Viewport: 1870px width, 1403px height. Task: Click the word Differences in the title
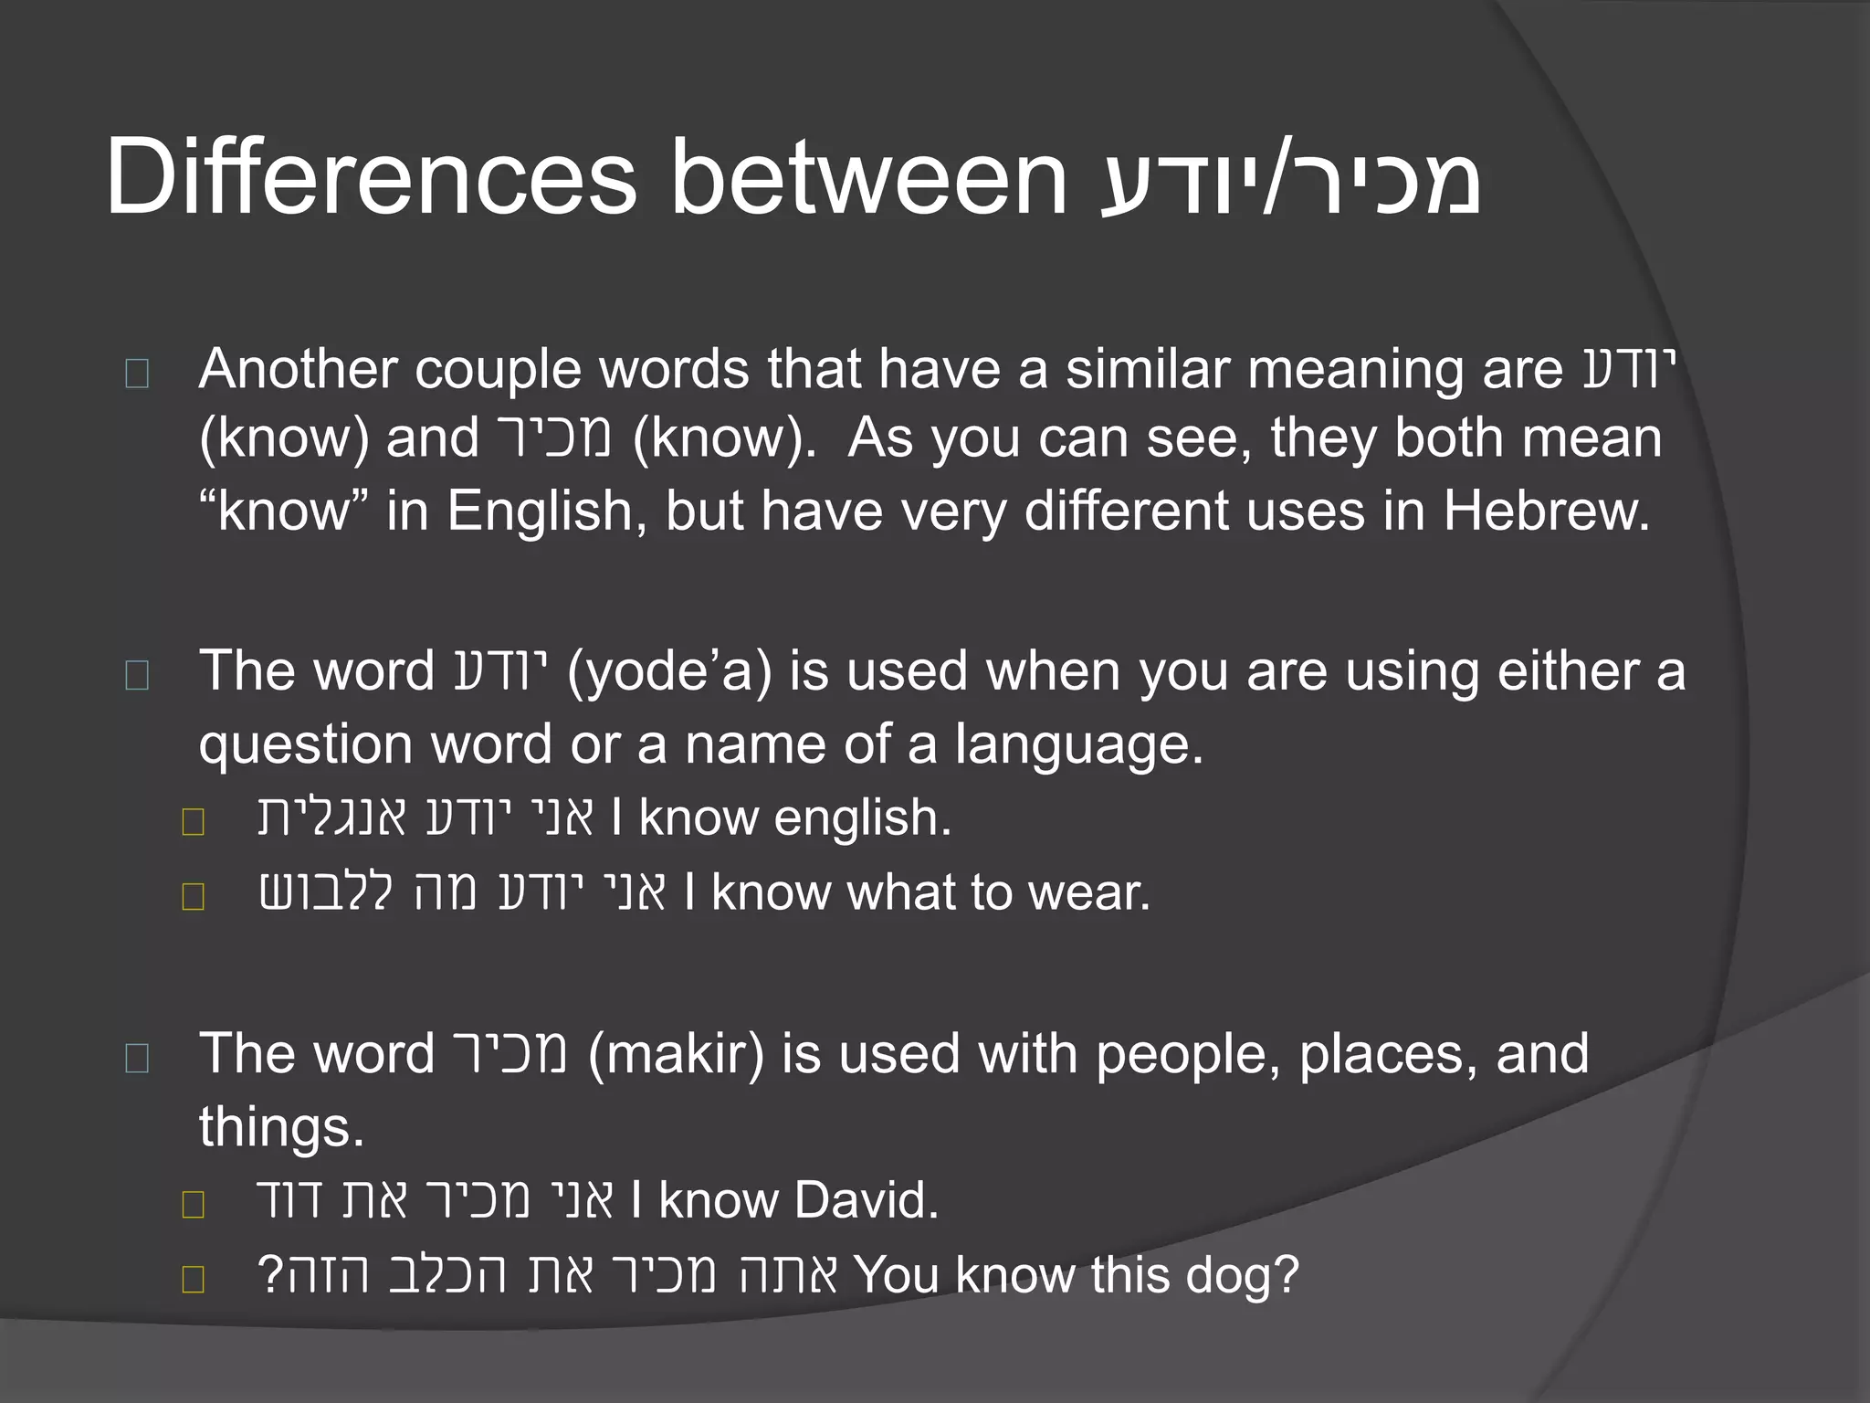coord(370,178)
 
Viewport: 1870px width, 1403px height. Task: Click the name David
coord(866,1201)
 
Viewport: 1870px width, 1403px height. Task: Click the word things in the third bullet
coord(281,1128)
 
